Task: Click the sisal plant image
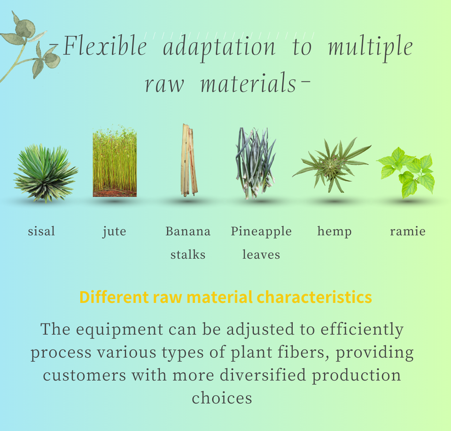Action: (46, 173)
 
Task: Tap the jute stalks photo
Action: (115, 162)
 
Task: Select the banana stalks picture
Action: (189, 161)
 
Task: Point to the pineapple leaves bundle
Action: (256, 163)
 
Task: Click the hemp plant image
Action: (332, 165)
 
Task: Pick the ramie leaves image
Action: (406, 172)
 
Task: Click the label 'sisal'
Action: (41, 231)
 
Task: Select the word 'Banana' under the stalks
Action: (188, 231)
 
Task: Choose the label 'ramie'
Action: (408, 231)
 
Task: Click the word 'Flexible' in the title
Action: (105, 46)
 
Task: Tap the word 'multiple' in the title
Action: (371, 48)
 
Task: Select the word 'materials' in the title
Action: (248, 84)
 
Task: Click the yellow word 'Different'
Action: (114, 297)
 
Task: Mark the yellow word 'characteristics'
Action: (314, 297)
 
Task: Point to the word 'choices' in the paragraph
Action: (222, 398)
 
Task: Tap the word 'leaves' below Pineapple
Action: (261, 255)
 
